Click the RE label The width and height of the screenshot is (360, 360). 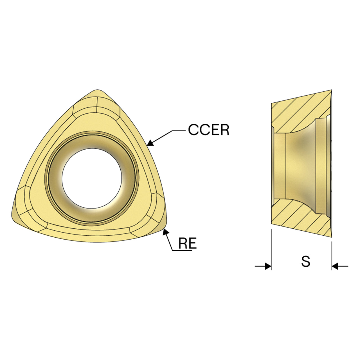187,243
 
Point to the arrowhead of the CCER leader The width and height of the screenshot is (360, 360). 150,143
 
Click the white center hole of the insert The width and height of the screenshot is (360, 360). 92,178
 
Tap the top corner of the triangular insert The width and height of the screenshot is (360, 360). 98,90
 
